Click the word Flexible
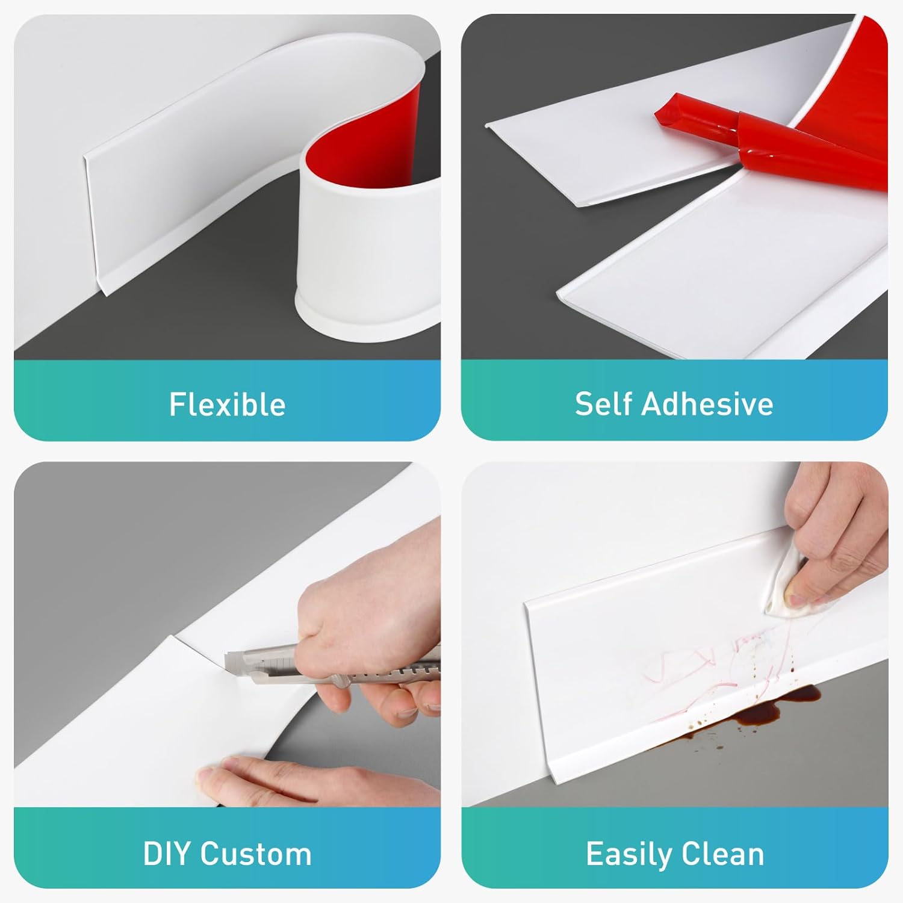[x=227, y=404]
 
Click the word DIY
[x=167, y=854]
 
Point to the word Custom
[x=256, y=854]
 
